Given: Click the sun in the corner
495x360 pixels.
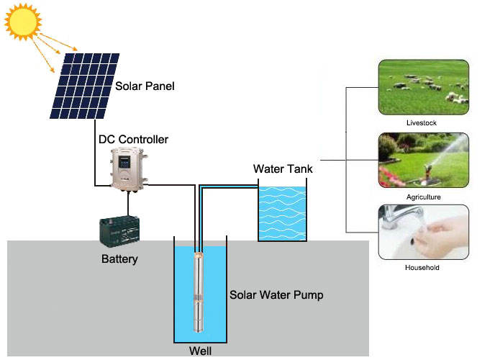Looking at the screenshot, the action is pos(23,22).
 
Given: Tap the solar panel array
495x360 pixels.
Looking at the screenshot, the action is pos(85,86).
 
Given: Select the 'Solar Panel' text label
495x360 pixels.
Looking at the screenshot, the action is pos(145,86).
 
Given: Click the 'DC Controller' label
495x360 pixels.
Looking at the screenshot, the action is pos(133,139).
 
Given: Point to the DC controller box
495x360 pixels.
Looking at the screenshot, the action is pos(129,169).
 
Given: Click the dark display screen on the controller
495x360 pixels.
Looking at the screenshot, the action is pos(124,162).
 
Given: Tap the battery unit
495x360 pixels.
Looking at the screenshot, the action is pos(119,230).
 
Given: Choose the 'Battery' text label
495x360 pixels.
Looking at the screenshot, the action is pos(119,259).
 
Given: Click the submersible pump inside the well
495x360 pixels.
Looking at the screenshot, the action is pos(199,292).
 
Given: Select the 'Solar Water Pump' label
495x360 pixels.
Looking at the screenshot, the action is pos(276,295).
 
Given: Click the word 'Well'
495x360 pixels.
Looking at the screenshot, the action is pos(200,351).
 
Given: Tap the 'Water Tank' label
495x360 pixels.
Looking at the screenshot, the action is pos(283,169).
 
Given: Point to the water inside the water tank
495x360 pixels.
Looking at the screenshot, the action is pos(282,213).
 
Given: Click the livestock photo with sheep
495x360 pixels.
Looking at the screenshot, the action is pos(423,87).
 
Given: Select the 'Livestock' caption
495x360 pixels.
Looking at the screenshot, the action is pos(422,123).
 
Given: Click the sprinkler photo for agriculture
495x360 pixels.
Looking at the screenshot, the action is pos(423,160).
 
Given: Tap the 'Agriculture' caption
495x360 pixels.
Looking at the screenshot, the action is pos(423,197).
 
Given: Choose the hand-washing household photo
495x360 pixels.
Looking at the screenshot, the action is pos(423,232).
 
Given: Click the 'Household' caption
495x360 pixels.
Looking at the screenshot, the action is pos(422,268).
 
